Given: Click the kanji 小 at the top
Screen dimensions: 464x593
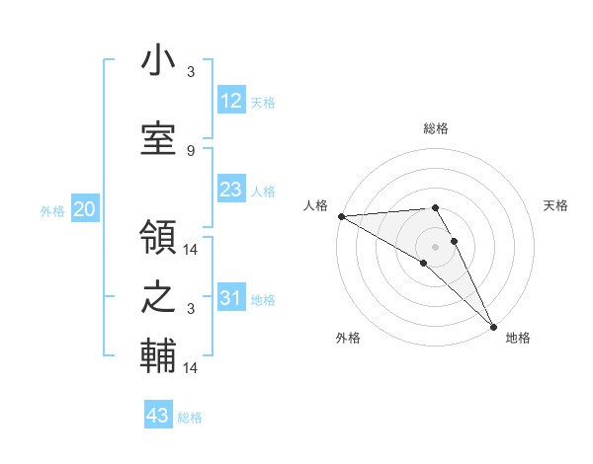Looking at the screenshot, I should [x=158, y=61].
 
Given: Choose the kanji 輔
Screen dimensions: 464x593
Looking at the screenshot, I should [x=158, y=356].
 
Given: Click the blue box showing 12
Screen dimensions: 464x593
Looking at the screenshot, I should [x=230, y=101].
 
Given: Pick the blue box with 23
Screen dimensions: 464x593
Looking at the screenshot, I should [x=230, y=190].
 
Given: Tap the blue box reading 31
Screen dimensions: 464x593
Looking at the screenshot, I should [x=230, y=298].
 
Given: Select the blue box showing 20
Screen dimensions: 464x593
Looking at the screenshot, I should [x=85, y=209].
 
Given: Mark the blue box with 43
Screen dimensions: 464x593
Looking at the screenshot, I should [x=158, y=416].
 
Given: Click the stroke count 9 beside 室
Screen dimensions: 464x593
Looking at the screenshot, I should [x=191, y=150].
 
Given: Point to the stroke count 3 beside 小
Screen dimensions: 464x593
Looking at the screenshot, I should [x=191, y=71].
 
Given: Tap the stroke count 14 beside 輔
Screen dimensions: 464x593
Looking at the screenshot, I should [x=191, y=367].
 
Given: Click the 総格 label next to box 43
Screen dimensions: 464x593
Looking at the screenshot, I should [x=190, y=418].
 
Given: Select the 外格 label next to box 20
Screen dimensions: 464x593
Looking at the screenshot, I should [x=52, y=210].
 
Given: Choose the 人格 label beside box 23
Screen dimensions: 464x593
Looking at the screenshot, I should [x=263, y=191].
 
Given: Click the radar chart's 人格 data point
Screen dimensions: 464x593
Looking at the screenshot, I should [x=341, y=216].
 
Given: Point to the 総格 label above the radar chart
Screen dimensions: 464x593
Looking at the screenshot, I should [x=436, y=128].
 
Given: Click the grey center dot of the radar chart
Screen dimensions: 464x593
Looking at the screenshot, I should [x=435, y=246].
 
